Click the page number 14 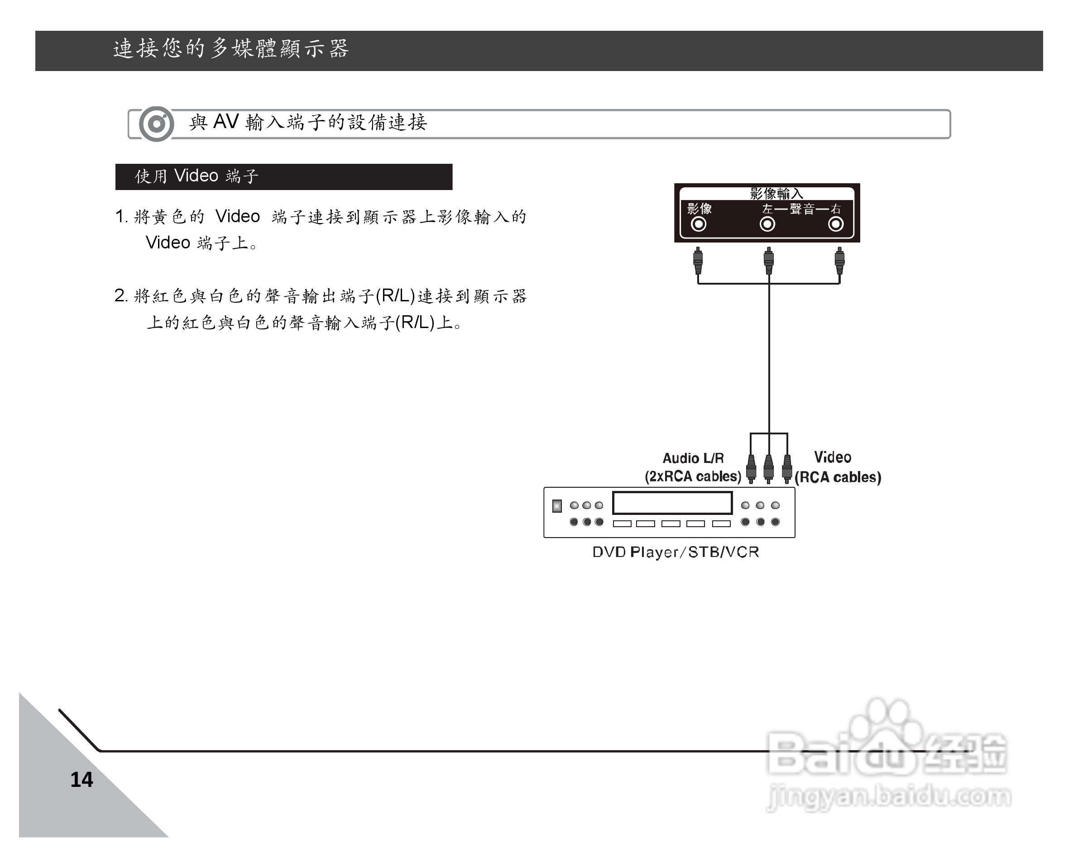(x=81, y=780)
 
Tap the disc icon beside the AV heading (x=156, y=124)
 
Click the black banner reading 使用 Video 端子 (x=283, y=176)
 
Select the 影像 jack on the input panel (x=698, y=224)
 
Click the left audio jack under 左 (x=767, y=224)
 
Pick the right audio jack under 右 (x=835, y=224)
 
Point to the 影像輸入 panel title (x=776, y=193)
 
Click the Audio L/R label (x=693, y=458)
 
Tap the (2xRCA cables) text (x=693, y=476)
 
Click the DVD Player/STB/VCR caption (x=676, y=552)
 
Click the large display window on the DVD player (x=672, y=503)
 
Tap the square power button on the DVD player (x=556, y=506)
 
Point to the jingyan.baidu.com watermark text (x=888, y=796)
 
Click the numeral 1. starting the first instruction (x=121, y=217)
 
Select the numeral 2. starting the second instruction (x=121, y=296)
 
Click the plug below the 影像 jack (x=698, y=260)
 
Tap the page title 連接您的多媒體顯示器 (x=230, y=49)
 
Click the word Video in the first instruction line (x=238, y=217)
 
